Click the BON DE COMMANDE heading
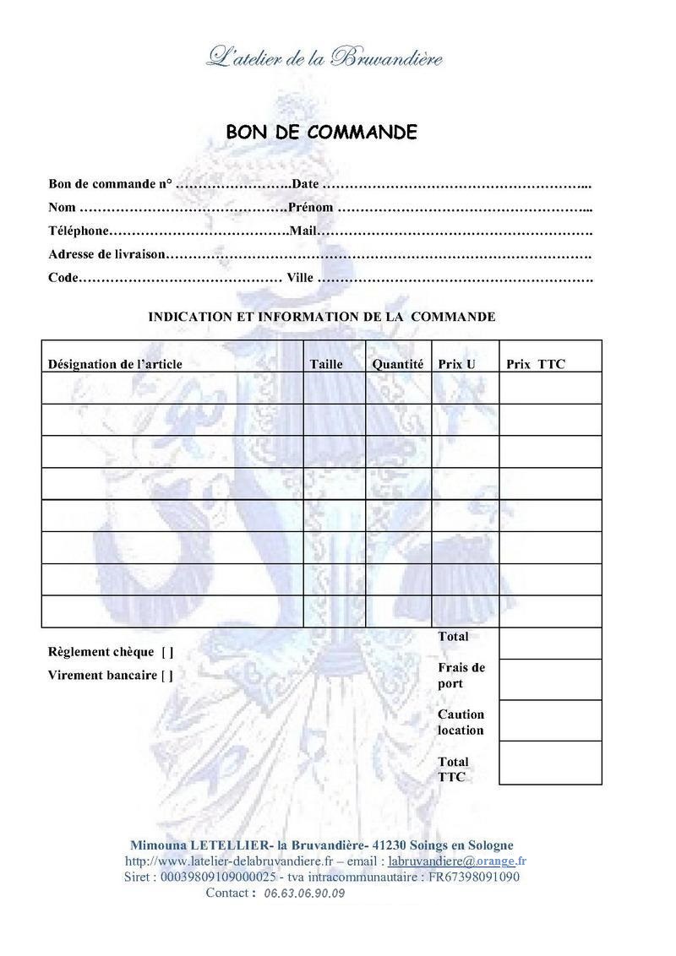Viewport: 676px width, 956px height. pyautogui.click(x=321, y=133)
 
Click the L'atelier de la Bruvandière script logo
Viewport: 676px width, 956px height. pyautogui.click(x=324, y=57)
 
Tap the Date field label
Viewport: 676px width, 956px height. pyautogui.click(x=305, y=184)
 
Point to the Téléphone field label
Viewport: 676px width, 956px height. pyautogui.click(x=79, y=231)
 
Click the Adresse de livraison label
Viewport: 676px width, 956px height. pyautogui.click(x=106, y=254)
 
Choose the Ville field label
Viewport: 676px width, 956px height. pyautogui.click(x=300, y=278)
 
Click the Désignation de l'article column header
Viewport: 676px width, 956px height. pyautogui.click(x=115, y=364)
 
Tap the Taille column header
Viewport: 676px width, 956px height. pyautogui.click(x=327, y=364)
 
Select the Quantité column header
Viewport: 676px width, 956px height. pyautogui.click(x=398, y=364)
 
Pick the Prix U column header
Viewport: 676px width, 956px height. pyautogui.click(x=456, y=364)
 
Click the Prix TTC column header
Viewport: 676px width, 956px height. pyautogui.click(x=536, y=364)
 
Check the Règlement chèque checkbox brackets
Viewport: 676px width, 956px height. pyautogui.click(x=167, y=652)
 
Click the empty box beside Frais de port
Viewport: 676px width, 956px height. pyautogui.click(x=550, y=680)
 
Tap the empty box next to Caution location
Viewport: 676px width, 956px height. pyautogui.click(x=550, y=720)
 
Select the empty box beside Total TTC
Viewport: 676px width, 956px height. pyautogui.click(x=550, y=763)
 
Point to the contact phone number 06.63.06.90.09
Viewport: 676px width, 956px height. pyautogui.click(x=304, y=894)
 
